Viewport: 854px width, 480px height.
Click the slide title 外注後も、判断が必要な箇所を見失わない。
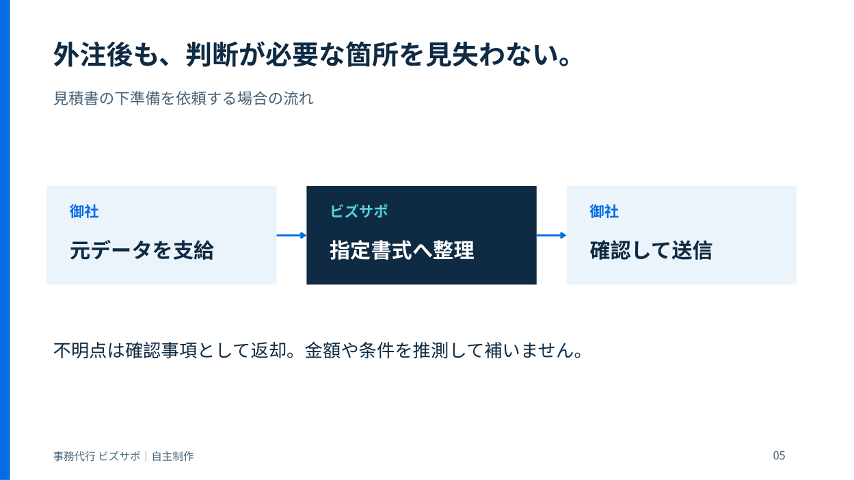click(x=312, y=55)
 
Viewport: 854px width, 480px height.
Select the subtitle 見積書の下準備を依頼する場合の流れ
click(x=183, y=98)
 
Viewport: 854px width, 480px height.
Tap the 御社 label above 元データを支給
click(x=84, y=211)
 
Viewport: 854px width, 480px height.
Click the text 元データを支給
click(x=142, y=250)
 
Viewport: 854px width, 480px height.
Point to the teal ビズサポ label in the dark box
click(x=359, y=211)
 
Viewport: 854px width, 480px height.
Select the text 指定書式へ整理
click(x=402, y=250)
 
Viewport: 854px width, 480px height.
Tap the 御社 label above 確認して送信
click(x=604, y=211)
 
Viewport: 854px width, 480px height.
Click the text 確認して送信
click(x=651, y=250)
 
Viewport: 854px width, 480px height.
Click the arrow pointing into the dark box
click(x=292, y=235)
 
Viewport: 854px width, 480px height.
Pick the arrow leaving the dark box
click(x=551, y=235)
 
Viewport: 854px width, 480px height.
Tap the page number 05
click(x=779, y=455)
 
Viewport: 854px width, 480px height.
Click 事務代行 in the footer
click(x=75, y=456)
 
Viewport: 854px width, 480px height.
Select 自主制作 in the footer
click(x=173, y=456)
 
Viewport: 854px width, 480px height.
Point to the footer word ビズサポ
click(x=120, y=456)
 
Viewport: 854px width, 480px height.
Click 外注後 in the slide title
click(x=92, y=55)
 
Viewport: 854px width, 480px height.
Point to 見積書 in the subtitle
click(x=76, y=98)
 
